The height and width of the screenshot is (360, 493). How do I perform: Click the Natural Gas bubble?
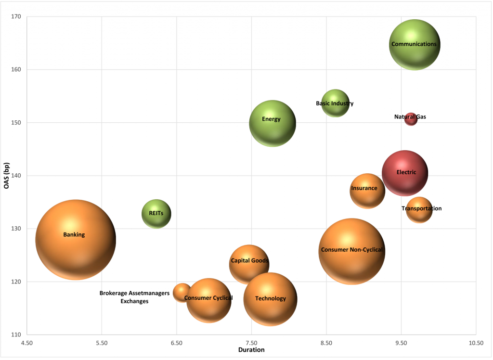[411, 119]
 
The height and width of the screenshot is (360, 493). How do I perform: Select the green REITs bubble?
[156, 214]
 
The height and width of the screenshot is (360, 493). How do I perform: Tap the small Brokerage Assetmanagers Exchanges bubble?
[182, 292]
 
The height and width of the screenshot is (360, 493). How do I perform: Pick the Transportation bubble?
[419, 210]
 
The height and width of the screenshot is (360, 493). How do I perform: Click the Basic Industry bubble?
[335, 103]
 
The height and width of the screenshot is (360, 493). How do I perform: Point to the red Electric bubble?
[405, 173]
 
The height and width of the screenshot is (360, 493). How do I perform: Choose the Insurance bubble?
[367, 191]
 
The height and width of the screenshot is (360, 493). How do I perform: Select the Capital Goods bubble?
[249, 264]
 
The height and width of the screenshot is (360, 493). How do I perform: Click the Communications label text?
[414, 44]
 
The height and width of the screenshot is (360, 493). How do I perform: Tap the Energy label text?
[271, 119]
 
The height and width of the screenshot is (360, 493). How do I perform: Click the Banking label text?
[74, 235]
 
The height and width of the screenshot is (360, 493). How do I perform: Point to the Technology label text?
[271, 298]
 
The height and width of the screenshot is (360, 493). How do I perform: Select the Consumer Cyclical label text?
[208, 298]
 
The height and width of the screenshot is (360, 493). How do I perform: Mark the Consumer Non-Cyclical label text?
[351, 250]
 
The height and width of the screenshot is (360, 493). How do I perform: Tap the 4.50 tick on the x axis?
[27, 343]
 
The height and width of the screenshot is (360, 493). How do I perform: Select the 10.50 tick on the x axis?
[476, 343]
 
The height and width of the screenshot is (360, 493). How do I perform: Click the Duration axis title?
[251, 350]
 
